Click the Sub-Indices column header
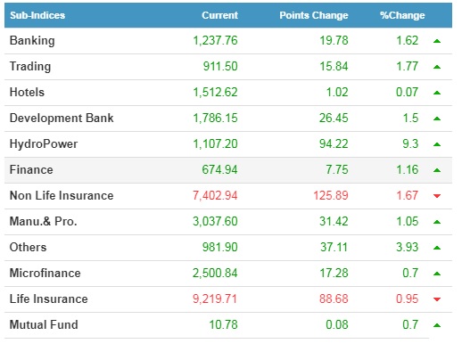37,15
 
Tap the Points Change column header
314,15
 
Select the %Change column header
402,15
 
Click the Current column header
219,15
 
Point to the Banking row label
32,41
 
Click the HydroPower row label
44,144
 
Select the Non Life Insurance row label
62,195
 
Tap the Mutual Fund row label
44,324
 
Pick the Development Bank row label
62,118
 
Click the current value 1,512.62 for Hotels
215,93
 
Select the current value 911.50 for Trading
220,67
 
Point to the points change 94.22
334,144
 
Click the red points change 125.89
331,195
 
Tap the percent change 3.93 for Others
407,247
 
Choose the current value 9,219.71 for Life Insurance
215,299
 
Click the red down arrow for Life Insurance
437,299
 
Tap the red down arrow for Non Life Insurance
437,196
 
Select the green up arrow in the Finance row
437,170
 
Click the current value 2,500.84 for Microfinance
215,273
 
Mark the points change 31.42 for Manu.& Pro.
334,221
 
